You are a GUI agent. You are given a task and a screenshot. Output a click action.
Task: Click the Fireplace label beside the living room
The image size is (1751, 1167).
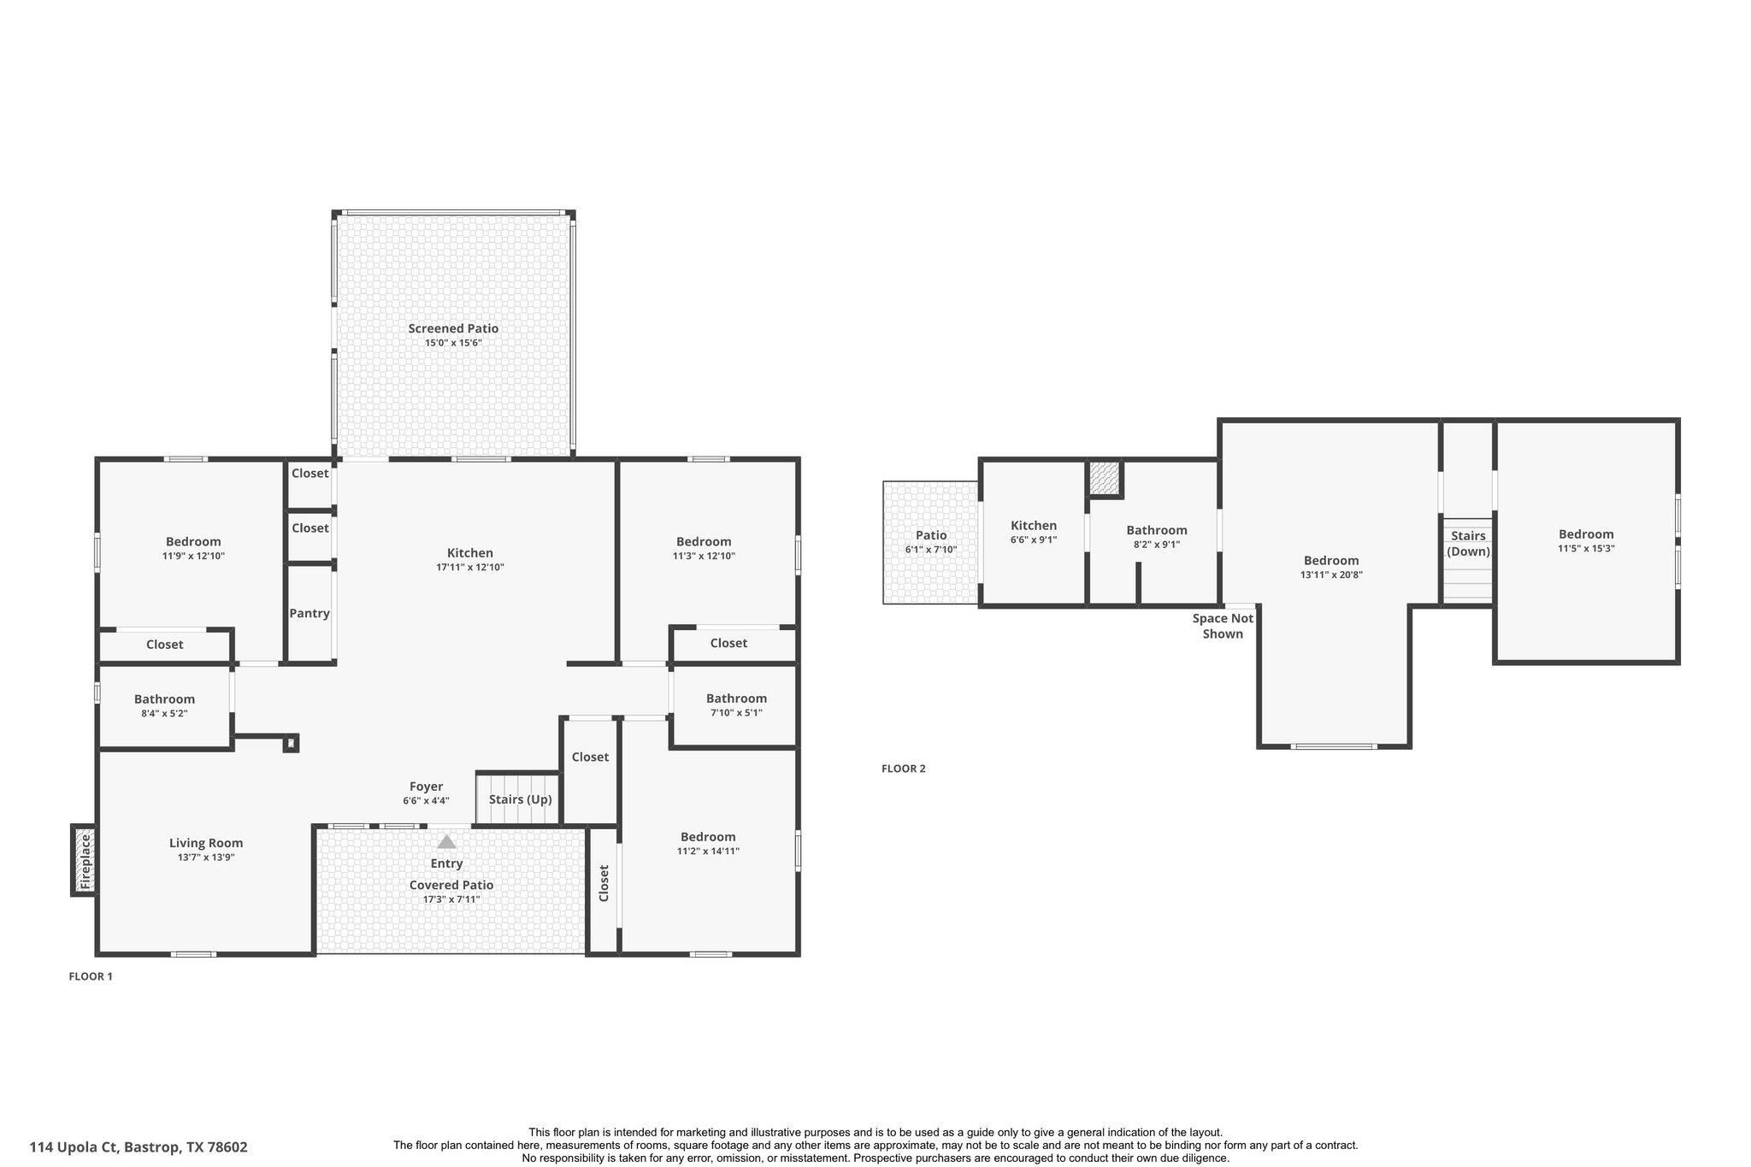click(x=85, y=861)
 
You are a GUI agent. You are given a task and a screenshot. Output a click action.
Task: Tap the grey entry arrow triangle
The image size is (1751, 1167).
click(x=446, y=842)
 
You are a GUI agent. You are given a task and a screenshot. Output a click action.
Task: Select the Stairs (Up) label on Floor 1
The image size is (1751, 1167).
click(x=520, y=799)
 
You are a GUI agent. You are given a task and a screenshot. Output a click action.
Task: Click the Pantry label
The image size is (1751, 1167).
click(x=309, y=613)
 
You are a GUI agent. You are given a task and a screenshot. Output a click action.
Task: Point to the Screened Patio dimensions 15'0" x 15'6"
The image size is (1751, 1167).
click(x=453, y=343)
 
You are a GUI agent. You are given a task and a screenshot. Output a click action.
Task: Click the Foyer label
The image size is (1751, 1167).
click(x=426, y=787)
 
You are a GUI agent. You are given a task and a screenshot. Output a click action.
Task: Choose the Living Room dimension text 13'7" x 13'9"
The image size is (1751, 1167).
click(x=206, y=857)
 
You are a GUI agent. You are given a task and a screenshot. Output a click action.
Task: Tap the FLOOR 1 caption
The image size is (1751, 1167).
click(x=90, y=976)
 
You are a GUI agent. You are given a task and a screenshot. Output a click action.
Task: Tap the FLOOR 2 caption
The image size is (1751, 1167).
click(x=903, y=769)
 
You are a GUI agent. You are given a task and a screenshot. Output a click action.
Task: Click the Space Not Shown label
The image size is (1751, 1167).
click(x=1223, y=626)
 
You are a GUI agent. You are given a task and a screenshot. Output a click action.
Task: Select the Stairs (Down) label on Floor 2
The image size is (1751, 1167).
click(x=1468, y=544)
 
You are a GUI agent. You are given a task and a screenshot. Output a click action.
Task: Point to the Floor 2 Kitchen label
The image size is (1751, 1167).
click(x=1034, y=526)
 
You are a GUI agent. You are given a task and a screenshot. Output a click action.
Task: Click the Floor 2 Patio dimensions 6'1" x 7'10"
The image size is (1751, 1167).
click(x=931, y=550)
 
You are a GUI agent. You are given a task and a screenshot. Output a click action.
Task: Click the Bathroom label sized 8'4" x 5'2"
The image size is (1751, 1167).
click(x=164, y=699)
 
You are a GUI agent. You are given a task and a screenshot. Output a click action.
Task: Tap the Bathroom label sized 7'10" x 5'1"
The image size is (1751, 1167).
click(x=736, y=698)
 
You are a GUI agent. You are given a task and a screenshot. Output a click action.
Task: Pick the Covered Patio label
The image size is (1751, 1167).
click(x=451, y=885)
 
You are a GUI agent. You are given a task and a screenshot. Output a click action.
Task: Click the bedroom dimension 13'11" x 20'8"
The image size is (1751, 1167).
click(x=1331, y=575)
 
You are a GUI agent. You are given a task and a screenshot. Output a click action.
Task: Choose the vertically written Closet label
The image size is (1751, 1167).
click(x=604, y=883)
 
